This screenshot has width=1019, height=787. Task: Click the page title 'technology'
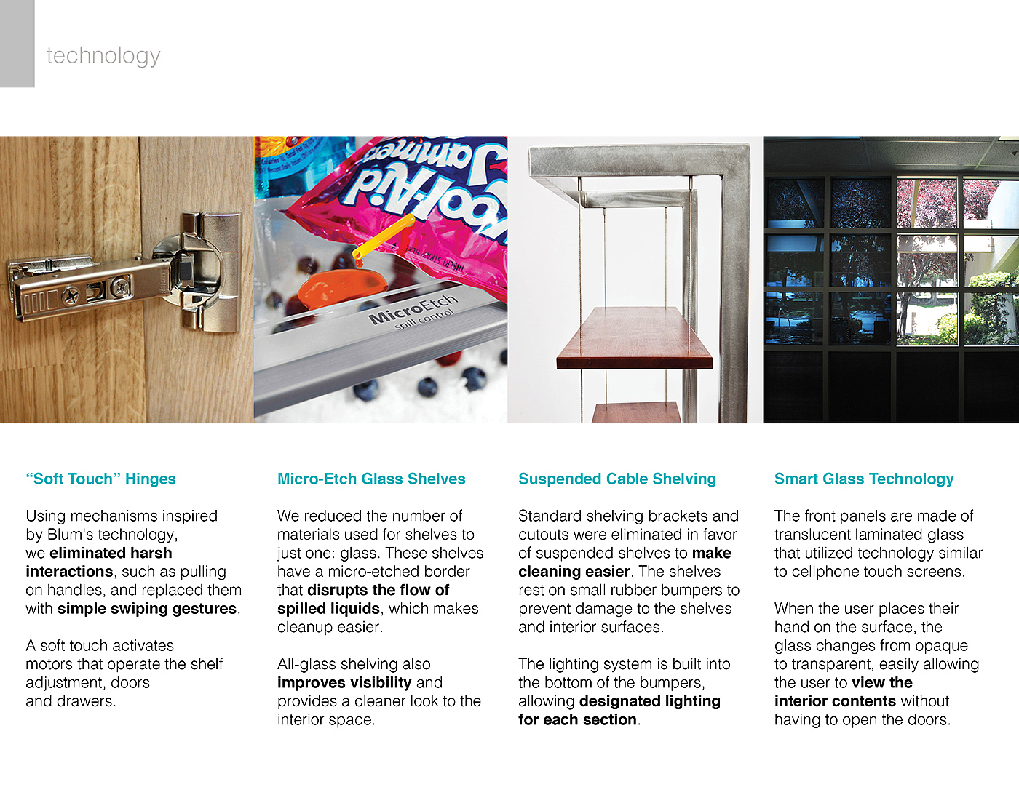(103, 55)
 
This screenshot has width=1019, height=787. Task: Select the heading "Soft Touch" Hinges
(100, 479)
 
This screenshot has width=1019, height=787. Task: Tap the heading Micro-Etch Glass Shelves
(371, 479)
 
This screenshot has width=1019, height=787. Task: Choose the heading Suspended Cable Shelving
(617, 479)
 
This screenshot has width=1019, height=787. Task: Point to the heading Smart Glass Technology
(864, 479)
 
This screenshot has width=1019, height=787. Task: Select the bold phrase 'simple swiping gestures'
(147, 609)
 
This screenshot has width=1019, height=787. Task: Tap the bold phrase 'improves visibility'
(344, 683)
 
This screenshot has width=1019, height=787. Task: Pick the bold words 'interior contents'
(835, 701)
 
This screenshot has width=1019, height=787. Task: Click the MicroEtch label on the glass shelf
(412, 310)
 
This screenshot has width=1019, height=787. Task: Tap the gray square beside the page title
(17, 44)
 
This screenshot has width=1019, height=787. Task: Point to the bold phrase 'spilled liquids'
(328, 609)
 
